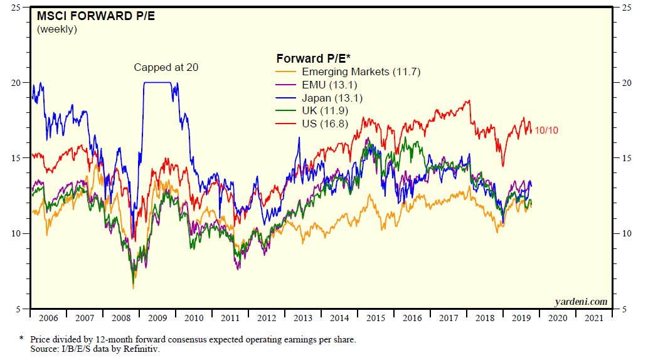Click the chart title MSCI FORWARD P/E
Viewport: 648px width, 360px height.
pos(87,16)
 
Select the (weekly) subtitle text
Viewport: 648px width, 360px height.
pos(57,29)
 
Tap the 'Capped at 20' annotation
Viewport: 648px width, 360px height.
pos(166,67)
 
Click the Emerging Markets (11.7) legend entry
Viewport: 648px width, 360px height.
pos(361,72)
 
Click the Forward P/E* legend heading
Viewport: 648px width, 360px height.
pos(314,58)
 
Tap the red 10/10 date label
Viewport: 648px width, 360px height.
pos(546,130)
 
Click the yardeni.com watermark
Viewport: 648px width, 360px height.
pos(581,302)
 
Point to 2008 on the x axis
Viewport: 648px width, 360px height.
pos(121,318)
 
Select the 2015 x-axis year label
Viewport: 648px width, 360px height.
pos(376,318)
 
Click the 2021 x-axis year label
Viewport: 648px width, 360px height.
pos(593,318)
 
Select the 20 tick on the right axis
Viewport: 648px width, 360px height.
pos(625,83)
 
